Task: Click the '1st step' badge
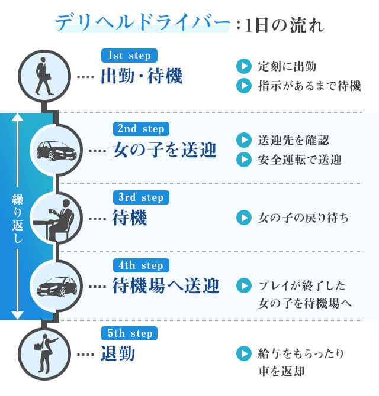tap(129, 56)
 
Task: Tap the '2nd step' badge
tap(141, 128)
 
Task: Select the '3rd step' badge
tap(141, 197)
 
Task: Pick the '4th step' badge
tap(141, 265)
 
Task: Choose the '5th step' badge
tap(130, 334)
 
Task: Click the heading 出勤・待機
tap(142, 77)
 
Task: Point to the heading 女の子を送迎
tap(164, 150)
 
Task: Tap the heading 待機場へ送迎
tap(165, 287)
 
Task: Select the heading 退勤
tap(118, 355)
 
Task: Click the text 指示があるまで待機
tap(309, 86)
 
